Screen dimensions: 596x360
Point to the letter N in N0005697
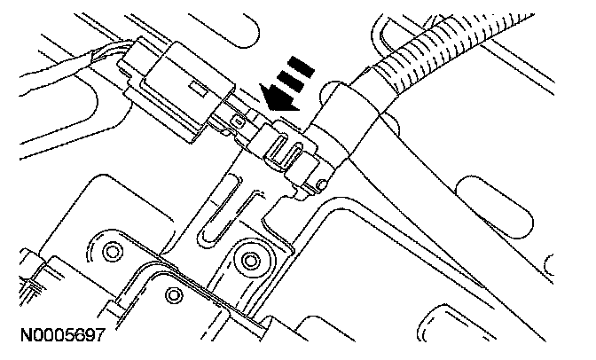pyautogui.click(x=18, y=337)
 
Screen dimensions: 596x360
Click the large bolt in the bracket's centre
pyautogui.click(x=251, y=260)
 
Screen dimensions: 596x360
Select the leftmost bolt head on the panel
pyautogui.click(x=113, y=252)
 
